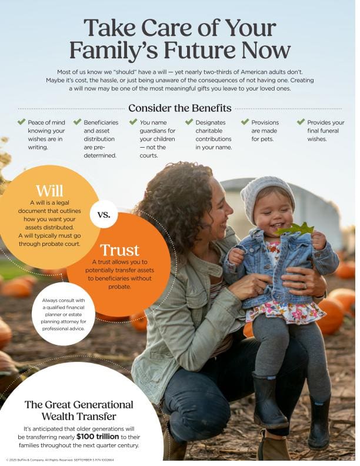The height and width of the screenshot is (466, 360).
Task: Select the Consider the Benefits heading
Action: pos(179,108)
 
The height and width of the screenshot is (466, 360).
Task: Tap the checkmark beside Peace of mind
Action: pos(21,122)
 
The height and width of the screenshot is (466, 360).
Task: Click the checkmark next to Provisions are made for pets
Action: pos(245,122)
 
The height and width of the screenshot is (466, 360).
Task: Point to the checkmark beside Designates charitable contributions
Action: pos(189,122)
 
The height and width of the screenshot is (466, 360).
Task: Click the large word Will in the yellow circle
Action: pos(49,190)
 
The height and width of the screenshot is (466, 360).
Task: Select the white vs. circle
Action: pos(104,214)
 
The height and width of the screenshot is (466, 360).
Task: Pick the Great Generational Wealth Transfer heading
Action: pos(79,411)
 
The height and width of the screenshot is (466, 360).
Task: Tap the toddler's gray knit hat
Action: pos(266,191)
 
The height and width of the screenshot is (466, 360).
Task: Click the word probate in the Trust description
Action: pos(119,287)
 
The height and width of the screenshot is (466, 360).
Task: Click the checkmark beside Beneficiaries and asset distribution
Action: pos(77,122)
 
